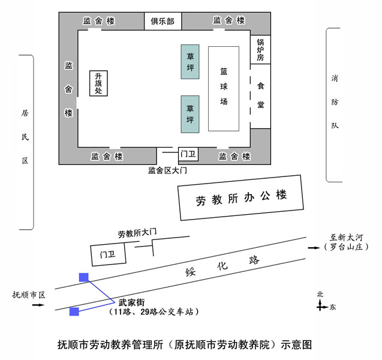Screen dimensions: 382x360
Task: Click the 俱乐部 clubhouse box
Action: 163,21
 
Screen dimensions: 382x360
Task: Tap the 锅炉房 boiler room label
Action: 260,50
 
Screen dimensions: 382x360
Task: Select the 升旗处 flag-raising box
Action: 98,83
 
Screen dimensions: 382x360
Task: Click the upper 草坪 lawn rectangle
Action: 190,62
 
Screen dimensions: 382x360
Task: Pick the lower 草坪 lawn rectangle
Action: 190,114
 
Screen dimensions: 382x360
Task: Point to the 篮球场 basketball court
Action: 224,89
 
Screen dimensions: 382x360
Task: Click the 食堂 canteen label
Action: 261,95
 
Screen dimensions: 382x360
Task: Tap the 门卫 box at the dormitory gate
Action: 188,154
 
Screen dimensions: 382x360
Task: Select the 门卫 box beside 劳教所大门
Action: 108,254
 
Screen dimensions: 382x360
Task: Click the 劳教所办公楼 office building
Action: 240,197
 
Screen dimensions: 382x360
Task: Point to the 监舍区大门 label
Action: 167,170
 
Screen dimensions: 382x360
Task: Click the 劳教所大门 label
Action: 137,233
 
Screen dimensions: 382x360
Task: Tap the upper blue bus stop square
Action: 84,277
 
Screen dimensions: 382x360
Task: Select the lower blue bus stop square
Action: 74,312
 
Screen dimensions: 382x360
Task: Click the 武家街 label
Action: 131,302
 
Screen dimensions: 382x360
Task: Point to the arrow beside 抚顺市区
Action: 38,305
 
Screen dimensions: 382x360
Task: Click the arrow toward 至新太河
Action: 314,248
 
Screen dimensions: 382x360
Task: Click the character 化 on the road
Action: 222,266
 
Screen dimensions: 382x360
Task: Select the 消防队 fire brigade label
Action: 335,102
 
